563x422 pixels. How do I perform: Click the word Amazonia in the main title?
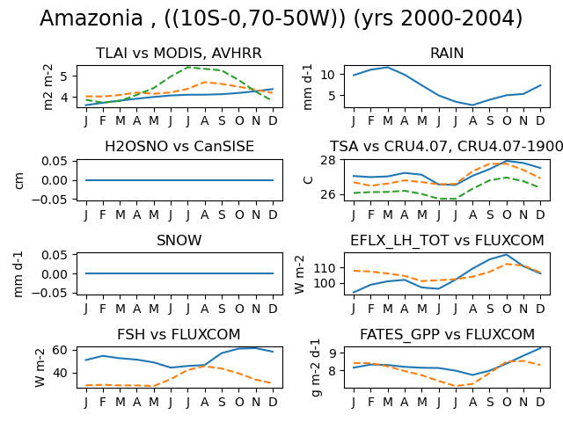tap(91, 18)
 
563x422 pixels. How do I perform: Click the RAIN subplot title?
tap(447, 53)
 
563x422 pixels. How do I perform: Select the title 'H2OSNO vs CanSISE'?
tap(179, 147)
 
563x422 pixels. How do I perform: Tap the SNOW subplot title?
tap(179, 240)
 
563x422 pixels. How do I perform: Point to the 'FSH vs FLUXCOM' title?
tap(179, 334)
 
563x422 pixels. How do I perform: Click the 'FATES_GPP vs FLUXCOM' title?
tap(448, 334)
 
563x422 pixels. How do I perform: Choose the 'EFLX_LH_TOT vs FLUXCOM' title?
tap(447, 240)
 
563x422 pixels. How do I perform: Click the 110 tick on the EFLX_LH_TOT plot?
tap(325, 268)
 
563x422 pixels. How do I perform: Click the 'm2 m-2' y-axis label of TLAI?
tap(48, 87)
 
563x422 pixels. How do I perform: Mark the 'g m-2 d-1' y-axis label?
tap(316, 367)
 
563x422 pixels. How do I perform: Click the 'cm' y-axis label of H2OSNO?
tap(19, 180)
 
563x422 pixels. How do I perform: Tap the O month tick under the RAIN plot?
tap(507, 121)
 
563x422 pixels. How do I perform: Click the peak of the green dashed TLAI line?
tap(188, 68)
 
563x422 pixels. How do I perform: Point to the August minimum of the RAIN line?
tap(472, 105)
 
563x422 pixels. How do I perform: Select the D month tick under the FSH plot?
tap(273, 403)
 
